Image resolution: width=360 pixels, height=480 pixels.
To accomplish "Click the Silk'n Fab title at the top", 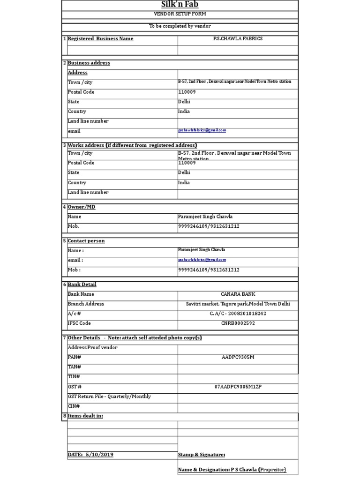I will click(x=180, y=5).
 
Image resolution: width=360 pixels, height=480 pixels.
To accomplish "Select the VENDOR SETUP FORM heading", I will click(x=180, y=15).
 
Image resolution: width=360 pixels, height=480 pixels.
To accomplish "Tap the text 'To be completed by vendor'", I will click(x=180, y=26).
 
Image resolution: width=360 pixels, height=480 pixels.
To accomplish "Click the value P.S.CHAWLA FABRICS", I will click(x=238, y=39).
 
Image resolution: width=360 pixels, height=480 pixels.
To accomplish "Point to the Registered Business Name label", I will click(x=101, y=39).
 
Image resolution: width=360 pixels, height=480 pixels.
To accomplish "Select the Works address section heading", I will click(x=132, y=145).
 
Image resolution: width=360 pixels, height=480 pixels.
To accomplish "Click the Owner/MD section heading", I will click(x=82, y=207).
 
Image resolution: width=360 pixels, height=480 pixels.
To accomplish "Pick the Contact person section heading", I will click(x=86, y=241).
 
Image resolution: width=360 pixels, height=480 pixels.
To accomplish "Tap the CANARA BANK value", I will click(x=238, y=294).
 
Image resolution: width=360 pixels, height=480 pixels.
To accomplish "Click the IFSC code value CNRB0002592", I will click(x=238, y=323).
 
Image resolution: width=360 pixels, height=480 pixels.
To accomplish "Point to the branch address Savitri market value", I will click(x=238, y=304).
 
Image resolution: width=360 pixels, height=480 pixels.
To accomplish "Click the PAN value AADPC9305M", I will click(x=238, y=358).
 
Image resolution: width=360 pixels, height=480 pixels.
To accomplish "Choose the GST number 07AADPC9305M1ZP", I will click(x=238, y=387).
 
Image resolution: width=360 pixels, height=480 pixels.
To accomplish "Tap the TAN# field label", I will click(x=74, y=367).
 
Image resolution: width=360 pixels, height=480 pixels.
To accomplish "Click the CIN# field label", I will click(x=74, y=406).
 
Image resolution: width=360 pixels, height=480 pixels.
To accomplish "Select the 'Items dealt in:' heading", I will click(x=85, y=416).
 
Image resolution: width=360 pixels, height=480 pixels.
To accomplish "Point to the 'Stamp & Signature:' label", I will click(x=202, y=455).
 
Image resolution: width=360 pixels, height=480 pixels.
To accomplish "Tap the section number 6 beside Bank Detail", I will click(x=64, y=285).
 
